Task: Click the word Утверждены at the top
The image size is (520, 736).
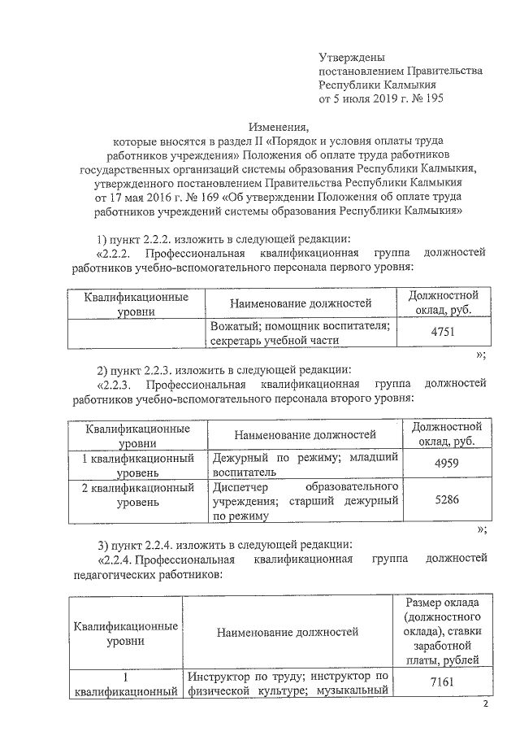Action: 351,56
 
